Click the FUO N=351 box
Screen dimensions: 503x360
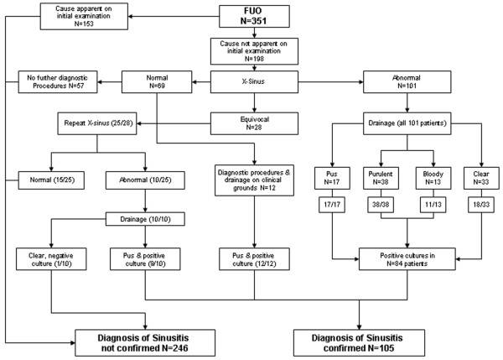[254, 16]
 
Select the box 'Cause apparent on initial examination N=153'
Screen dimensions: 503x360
[84, 16]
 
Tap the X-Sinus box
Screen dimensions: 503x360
[254, 82]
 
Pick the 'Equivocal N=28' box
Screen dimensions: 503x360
[254, 123]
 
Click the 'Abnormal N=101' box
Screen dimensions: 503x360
[407, 82]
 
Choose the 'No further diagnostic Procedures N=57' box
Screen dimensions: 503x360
[58, 82]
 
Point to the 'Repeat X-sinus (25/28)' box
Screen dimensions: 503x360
[97, 123]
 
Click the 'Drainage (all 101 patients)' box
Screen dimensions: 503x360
[407, 123]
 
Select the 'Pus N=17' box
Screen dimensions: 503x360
[332, 178]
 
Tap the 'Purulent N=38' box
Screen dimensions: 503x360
[381, 178]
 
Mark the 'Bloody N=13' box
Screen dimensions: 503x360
[433, 178]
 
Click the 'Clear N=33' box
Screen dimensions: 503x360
[481, 178]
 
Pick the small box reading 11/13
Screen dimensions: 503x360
[433, 205]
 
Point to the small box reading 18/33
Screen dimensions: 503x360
[481, 205]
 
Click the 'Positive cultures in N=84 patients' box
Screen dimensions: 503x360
[407, 258]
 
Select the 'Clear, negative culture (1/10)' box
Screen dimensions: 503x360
[51, 258]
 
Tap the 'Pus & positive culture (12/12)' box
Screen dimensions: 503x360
[254, 258]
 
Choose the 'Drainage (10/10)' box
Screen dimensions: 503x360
[145, 219]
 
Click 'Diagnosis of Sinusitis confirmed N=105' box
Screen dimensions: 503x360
[360, 342]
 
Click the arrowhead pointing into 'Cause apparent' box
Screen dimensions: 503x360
[131, 16]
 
